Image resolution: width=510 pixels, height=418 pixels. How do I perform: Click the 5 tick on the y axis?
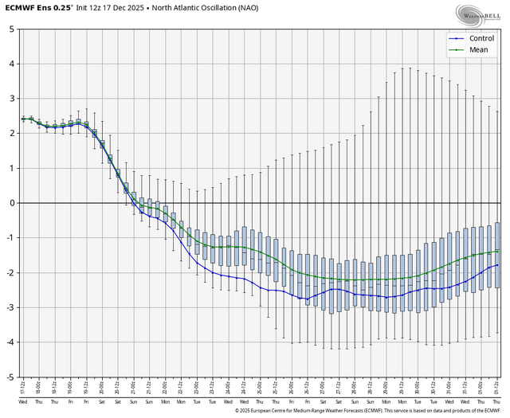click(x=10, y=29)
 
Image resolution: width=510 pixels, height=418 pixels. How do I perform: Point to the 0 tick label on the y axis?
click(x=10, y=203)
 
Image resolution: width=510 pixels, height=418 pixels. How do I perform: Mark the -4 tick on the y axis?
click(x=9, y=342)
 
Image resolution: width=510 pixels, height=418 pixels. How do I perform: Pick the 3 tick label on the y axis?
click(x=10, y=99)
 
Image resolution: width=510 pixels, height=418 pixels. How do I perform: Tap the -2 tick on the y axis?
click(x=9, y=273)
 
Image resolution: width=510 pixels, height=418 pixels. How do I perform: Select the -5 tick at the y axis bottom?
click(x=9, y=377)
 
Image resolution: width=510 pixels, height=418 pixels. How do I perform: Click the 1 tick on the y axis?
click(x=10, y=168)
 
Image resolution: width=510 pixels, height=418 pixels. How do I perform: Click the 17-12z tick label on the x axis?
click(x=23, y=390)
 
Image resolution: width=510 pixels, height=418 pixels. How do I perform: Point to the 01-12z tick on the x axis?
click(x=497, y=390)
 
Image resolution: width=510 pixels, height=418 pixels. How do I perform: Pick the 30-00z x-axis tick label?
click(x=418, y=390)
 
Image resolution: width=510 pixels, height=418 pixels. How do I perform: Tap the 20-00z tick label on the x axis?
click(x=102, y=390)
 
